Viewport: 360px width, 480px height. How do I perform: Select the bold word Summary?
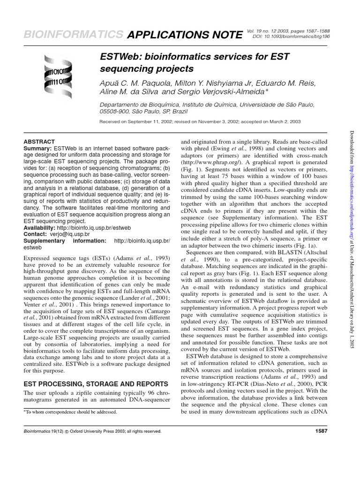(x=37, y=148)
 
